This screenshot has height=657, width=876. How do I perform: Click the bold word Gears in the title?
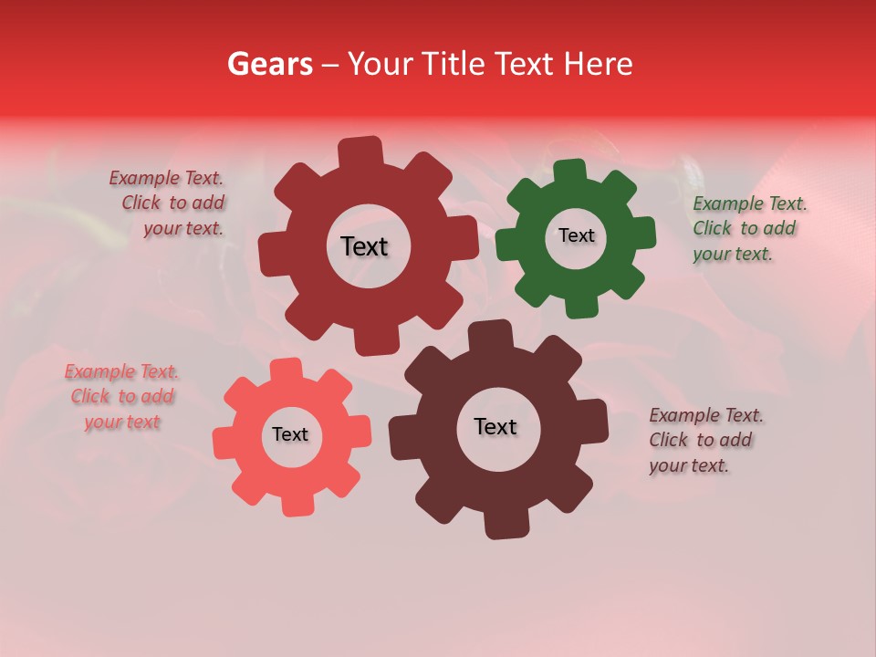point(270,64)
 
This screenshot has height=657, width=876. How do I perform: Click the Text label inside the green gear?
point(576,235)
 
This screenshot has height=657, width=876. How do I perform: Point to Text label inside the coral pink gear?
point(290,434)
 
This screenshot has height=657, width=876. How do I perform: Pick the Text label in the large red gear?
point(364,246)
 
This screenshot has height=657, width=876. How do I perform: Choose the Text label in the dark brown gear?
point(495,426)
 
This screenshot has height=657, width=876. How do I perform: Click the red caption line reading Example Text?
point(166,178)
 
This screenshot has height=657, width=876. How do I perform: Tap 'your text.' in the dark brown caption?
point(689,465)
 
